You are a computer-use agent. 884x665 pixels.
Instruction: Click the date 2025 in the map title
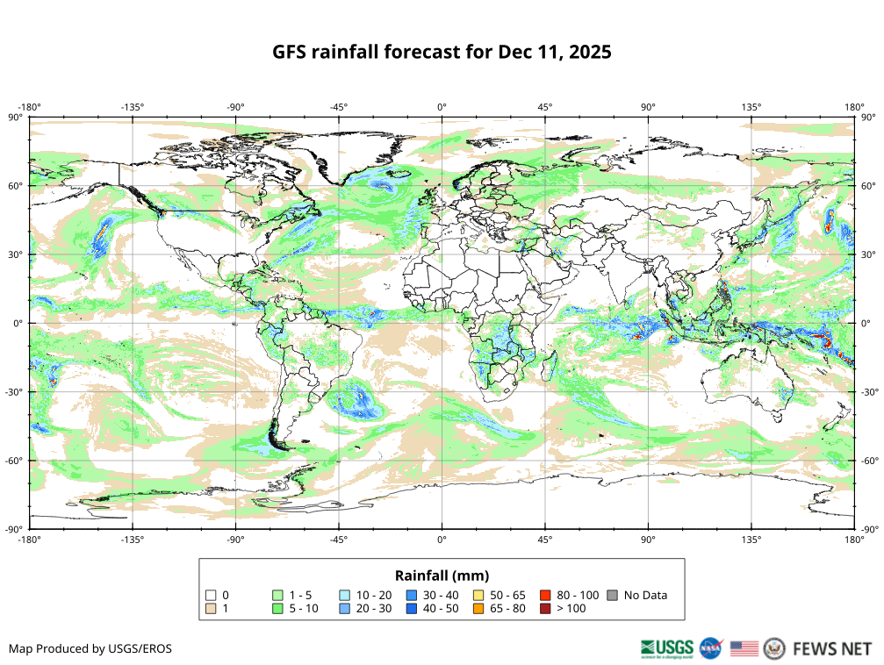589,52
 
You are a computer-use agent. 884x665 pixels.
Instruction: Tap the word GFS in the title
291,52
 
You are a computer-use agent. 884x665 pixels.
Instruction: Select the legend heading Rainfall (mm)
442,576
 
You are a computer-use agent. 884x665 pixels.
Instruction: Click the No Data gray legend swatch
612,595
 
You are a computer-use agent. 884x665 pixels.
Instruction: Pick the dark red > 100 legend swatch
545,608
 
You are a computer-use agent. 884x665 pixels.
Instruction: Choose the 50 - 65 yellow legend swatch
478,595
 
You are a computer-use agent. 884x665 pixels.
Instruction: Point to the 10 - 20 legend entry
374,595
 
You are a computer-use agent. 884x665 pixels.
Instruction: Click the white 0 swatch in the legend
210,595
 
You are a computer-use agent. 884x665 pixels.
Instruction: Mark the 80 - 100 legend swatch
545,595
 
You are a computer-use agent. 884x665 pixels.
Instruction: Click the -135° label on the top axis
133,107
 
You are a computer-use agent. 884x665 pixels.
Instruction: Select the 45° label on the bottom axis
545,539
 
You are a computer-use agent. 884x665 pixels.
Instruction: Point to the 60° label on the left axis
16,186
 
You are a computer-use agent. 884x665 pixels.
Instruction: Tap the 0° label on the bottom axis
442,539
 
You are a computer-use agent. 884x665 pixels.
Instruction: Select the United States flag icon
744,648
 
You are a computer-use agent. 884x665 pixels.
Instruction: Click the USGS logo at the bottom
667,648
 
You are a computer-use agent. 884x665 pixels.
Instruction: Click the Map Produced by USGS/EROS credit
90,649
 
